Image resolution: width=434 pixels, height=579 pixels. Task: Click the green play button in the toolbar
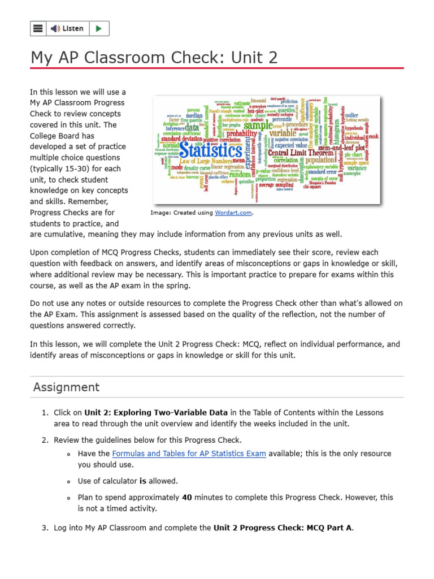(x=98, y=28)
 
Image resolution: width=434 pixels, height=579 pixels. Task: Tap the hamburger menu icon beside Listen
(x=38, y=28)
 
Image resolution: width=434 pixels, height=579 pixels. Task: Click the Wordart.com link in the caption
(x=233, y=213)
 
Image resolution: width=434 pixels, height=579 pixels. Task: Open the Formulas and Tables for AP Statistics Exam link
(x=189, y=453)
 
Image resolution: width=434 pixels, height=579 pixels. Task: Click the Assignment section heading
(x=66, y=387)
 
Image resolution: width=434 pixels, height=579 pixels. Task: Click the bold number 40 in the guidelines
(x=187, y=498)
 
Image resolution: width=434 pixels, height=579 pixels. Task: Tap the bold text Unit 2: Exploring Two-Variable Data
(x=156, y=413)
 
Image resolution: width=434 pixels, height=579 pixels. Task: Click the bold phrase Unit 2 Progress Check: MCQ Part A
(x=283, y=528)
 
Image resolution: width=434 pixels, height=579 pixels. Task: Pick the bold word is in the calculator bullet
(x=143, y=481)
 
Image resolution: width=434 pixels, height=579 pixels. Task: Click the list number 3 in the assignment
(x=45, y=528)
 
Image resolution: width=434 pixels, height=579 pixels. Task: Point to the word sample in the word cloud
(x=258, y=126)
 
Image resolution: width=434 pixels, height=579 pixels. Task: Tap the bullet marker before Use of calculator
(x=68, y=482)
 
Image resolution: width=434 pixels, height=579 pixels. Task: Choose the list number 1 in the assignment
(x=45, y=413)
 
